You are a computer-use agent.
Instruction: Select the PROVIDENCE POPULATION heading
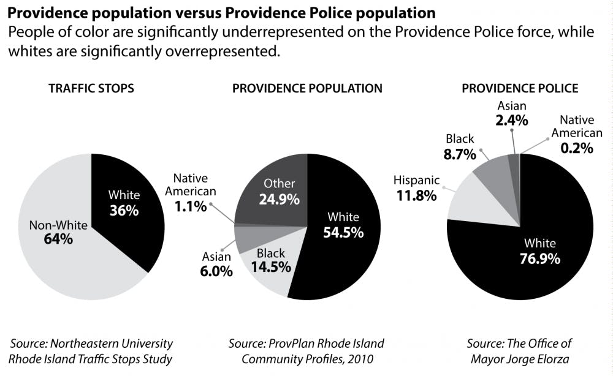(307, 89)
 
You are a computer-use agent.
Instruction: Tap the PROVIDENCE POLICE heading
(520, 89)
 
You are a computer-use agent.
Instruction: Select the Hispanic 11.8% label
(416, 188)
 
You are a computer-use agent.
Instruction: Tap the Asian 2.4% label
(512, 113)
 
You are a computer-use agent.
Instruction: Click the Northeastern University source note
(91, 351)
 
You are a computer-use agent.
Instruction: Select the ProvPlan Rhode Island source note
(306, 351)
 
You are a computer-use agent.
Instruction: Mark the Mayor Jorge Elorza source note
(520, 351)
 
